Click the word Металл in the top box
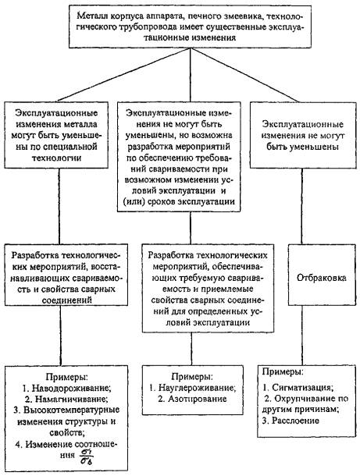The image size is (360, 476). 89,16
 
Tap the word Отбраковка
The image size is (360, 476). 322,278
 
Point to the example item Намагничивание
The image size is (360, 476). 71,399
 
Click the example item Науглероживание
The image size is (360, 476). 197,388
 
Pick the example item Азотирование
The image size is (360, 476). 197,399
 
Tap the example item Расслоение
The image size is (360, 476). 295,421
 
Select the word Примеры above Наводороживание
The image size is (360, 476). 67,377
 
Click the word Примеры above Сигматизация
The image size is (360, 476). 283,371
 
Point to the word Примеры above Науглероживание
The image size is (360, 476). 192,377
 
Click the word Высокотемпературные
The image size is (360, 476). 71,410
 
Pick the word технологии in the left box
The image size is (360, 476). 56,158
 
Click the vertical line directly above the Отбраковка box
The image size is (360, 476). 301,206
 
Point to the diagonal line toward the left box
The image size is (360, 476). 123,75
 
